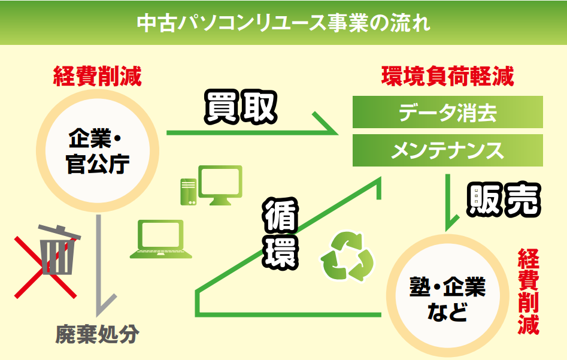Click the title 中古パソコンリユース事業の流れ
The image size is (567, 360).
pyautogui.click(x=284, y=23)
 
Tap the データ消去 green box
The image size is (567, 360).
pyautogui.click(x=448, y=112)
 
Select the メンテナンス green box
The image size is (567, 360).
pyautogui.click(x=448, y=150)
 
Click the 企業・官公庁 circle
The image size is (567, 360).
pyautogui.click(x=98, y=150)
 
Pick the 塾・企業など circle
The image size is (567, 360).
pyautogui.click(x=448, y=295)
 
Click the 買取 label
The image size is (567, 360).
pyautogui.click(x=241, y=107)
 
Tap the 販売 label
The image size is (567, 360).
pyautogui.click(x=504, y=199)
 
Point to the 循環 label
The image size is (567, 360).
pyautogui.click(x=280, y=234)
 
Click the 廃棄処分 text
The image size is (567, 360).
pyautogui.click(x=97, y=334)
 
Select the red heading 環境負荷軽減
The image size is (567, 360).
pyautogui.click(x=448, y=76)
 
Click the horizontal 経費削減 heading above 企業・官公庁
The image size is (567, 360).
pyautogui.click(x=97, y=76)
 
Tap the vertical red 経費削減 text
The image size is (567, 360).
pyautogui.click(x=528, y=292)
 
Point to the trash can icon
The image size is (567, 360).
pyautogui.click(x=59, y=250)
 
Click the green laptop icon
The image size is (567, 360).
pyautogui.click(x=161, y=239)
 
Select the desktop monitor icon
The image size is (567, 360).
pyautogui.click(x=220, y=185)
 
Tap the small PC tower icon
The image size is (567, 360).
pyautogui.click(x=189, y=192)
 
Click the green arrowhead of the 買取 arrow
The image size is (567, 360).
pyautogui.click(x=326, y=124)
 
